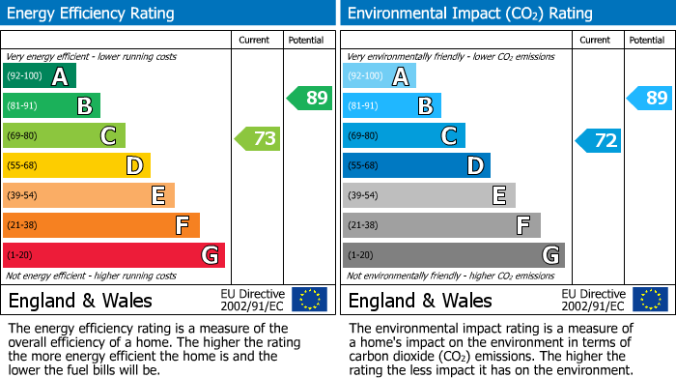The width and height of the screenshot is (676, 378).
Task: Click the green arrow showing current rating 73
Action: coord(258,138)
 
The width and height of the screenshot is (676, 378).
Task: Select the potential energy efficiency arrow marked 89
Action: coord(310,98)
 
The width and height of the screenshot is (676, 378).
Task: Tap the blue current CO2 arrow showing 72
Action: coord(599,140)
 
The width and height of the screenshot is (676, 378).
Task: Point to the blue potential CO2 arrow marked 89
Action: coord(649,98)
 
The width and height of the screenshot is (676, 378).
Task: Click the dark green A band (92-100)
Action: coord(40,76)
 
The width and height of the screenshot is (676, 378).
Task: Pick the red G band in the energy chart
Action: coord(114,255)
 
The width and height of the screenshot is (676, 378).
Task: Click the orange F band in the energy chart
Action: coord(101,225)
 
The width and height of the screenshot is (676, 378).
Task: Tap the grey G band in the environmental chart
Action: coord(453,255)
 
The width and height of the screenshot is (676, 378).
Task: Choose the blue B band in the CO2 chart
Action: coord(392,106)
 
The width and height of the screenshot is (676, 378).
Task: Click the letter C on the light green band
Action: coord(108,136)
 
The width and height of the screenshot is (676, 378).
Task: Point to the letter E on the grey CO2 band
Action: coord(498,196)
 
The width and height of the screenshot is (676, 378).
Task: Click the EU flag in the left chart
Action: coord(309,299)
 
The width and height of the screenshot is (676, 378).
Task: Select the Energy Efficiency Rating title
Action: coord(92,14)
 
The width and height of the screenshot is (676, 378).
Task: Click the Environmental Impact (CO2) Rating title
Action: coord(469,14)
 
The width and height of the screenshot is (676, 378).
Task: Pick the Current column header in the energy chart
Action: coord(256,41)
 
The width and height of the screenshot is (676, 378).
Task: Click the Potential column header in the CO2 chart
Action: coord(646,41)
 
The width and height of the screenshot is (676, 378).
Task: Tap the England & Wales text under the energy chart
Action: coord(80,300)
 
